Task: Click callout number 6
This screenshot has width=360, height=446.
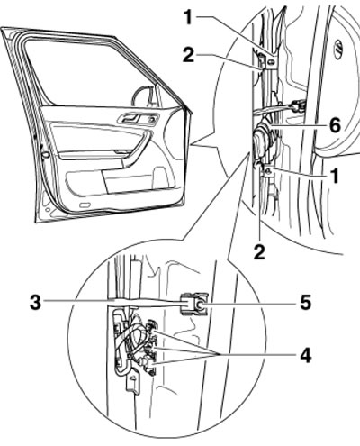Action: click(x=335, y=125)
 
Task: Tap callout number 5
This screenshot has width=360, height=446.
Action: click(x=305, y=303)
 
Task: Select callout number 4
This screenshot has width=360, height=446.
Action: click(x=306, y=356)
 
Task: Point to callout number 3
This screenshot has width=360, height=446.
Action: click(x=35, y=303)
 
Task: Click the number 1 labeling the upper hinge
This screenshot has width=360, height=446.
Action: click(x=188, y=17)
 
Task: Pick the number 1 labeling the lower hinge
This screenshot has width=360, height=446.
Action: click(x=335, y=176)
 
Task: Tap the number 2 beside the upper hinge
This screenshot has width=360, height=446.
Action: click(x=188, y=55)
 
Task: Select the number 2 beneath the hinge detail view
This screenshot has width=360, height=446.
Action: click(x=259, y=252)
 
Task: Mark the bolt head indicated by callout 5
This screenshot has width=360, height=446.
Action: click(x=200, y=305)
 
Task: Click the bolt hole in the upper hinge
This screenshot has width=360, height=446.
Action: click(x=271, y=62)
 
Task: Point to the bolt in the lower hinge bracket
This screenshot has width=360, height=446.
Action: click(x=269, y=171)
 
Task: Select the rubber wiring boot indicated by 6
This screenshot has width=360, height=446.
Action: click(x=262, y=138)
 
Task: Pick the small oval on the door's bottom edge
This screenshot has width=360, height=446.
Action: click(x=85, y=205)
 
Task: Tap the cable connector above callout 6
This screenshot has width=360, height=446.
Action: click(x=299, y=105)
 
